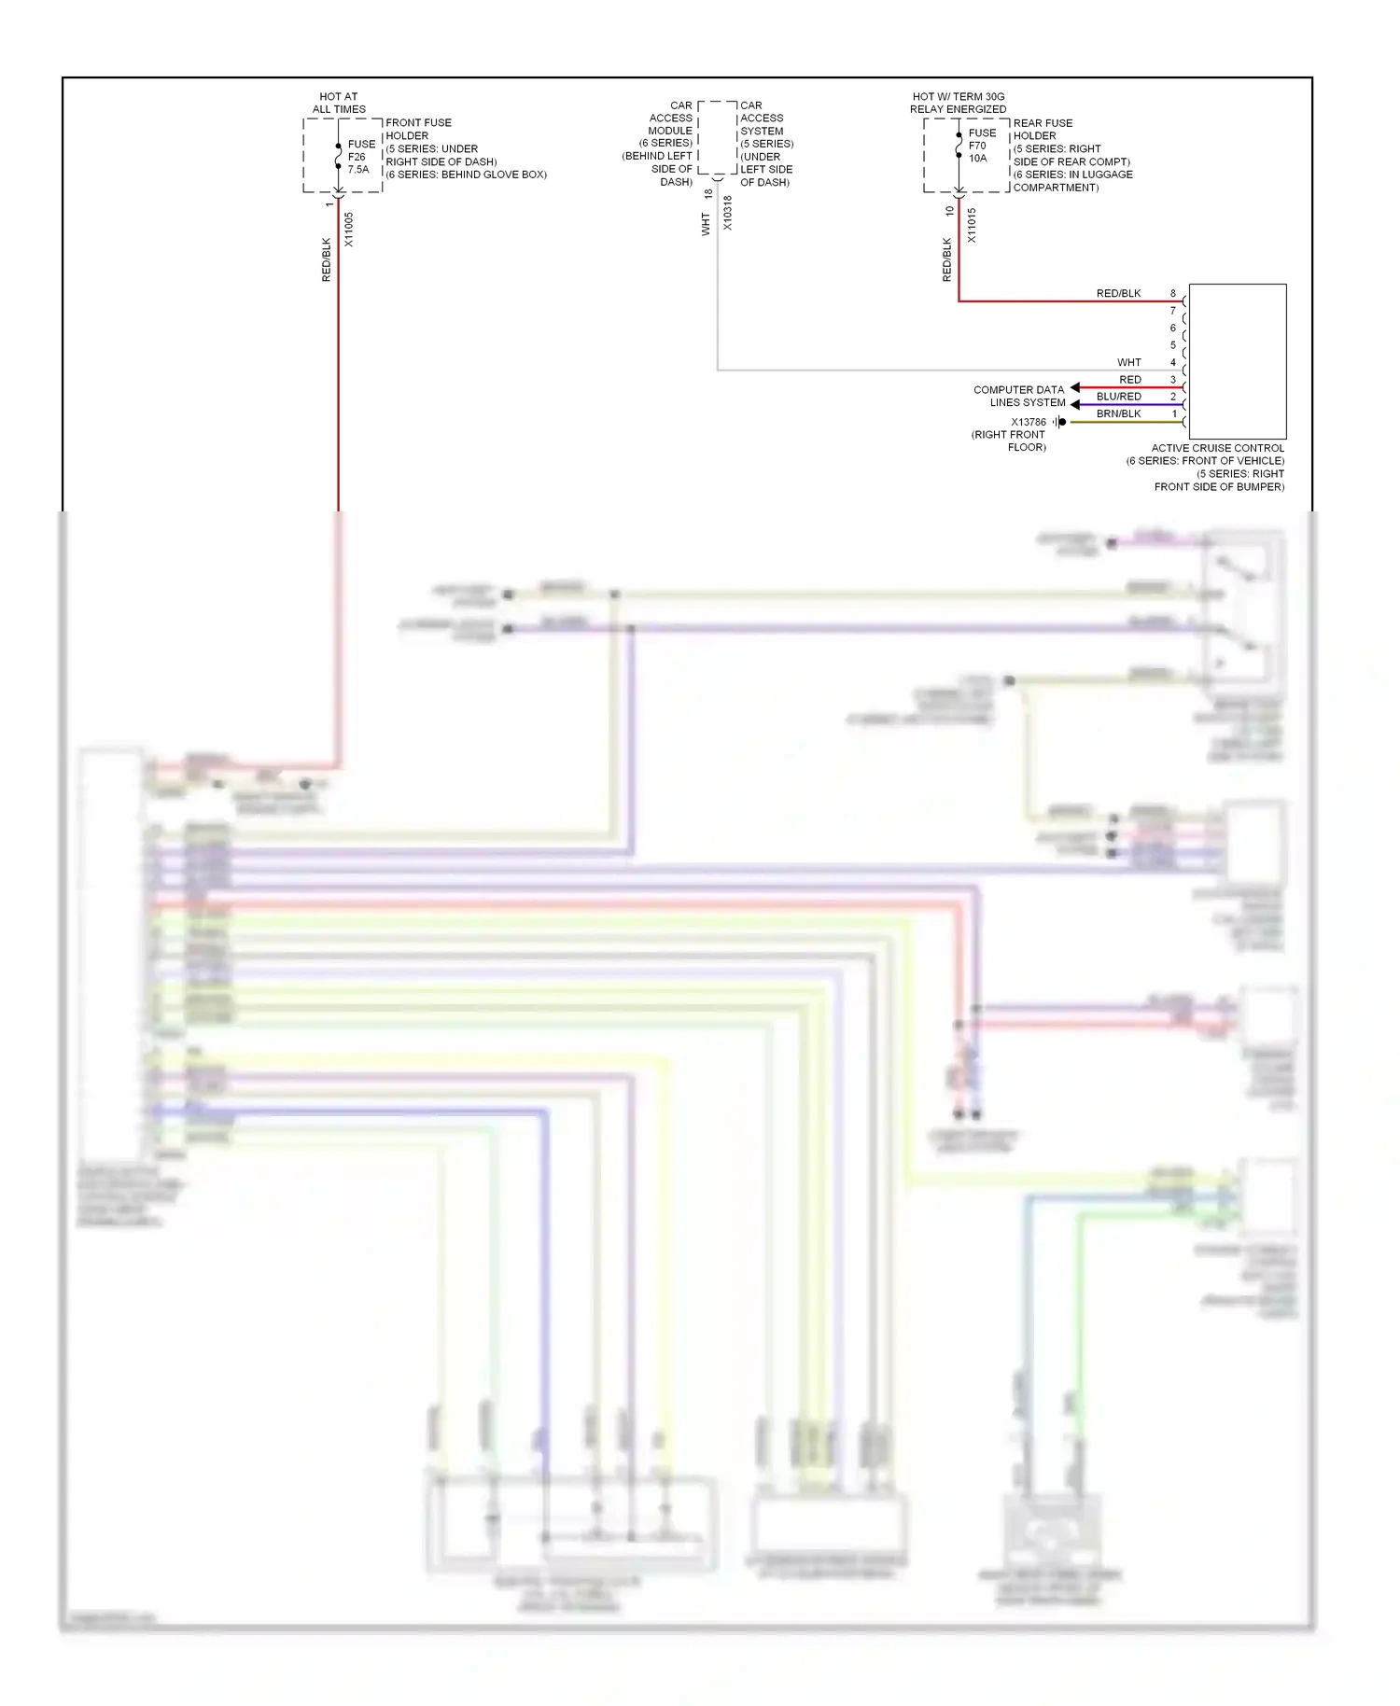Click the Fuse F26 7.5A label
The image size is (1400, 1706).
(360, 157)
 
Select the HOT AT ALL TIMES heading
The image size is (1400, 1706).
(339, 103)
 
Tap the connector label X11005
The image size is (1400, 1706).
(349, 230)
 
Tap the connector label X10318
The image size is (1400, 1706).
(728, 213)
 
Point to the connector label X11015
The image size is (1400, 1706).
(972, 226)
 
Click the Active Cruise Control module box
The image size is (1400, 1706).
(1238, 361)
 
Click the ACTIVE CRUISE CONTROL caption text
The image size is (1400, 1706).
(1217, 448)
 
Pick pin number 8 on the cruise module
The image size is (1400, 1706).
(1173, 293)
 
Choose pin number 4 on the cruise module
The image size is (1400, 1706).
(1173, 362)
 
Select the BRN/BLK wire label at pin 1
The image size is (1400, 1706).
(1118, 413)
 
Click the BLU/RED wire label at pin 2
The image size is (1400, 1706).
(1118, 397)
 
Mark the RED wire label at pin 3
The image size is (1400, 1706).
(1129, 380)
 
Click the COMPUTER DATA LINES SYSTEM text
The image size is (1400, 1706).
(1019, 396)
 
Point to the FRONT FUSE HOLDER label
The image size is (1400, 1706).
(418, 129)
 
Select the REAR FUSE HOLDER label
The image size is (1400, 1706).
(1042, 129)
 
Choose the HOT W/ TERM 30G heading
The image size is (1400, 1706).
(958, 96)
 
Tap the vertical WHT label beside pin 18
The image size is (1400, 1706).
(707, 224)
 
